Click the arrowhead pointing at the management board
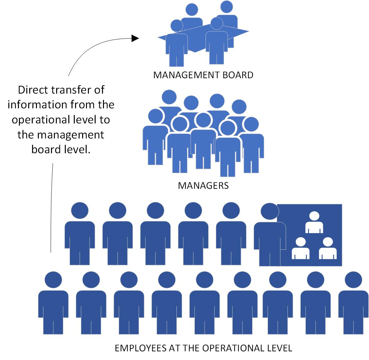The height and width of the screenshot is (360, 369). [x=135, y=38]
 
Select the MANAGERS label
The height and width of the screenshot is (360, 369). [x=203, y=186]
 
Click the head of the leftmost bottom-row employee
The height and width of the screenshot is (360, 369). [x=53, y=280]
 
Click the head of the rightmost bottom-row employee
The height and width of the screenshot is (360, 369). [x=353, y=280]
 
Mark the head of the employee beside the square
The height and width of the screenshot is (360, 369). [x=270, y=211]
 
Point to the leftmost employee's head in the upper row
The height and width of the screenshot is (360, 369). [x=80, y=210]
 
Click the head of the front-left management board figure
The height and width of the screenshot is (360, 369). [x=176, y=26]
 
